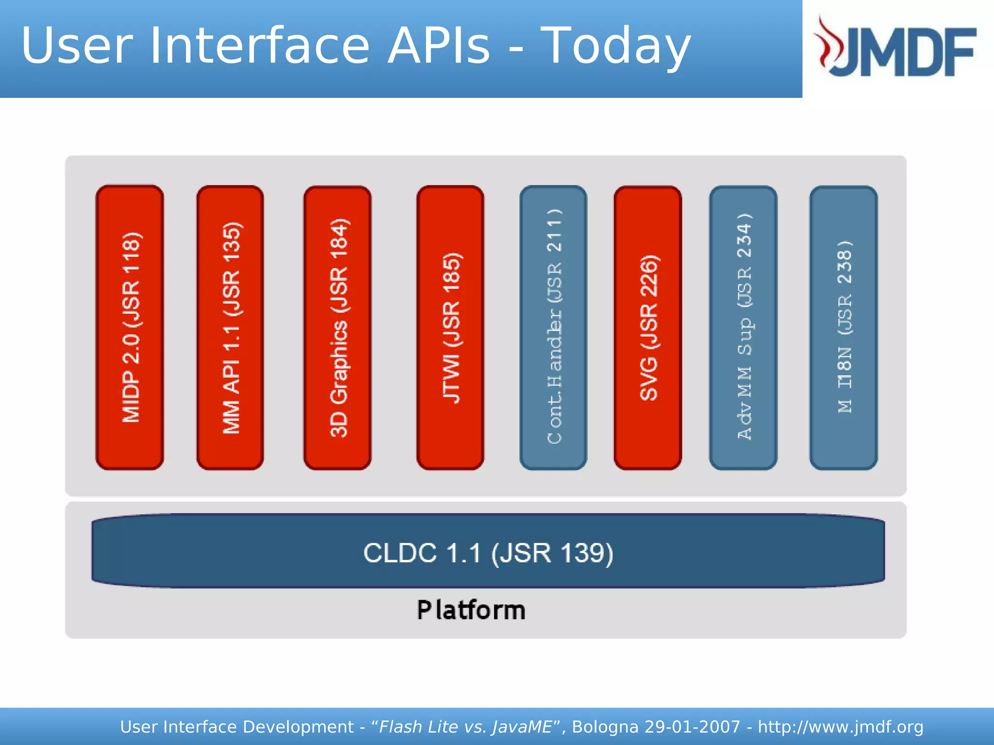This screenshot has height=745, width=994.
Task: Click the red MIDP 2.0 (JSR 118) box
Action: tap(130, 327)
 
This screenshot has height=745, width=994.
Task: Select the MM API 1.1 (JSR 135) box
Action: tap(230, 327)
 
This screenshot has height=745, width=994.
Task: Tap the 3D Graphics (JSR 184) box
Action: tap(337, 327)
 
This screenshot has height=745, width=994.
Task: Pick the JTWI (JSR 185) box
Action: tap(450, 327)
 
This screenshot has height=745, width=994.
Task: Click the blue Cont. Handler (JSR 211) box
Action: tap(553, 327)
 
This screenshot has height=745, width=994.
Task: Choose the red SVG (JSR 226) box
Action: tap(648, 327)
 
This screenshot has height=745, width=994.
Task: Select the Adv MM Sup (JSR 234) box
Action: tap(743, 327)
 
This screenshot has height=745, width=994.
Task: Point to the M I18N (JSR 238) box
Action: tap(844, 327)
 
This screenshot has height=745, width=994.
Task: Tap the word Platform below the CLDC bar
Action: tap(471, 610)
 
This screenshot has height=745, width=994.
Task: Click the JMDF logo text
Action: tap(908, 51)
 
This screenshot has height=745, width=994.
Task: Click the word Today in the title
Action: tap(615, 46)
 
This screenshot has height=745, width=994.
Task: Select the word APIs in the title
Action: tap(439, 46)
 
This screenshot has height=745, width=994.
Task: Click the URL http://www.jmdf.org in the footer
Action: tap(840, 727)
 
